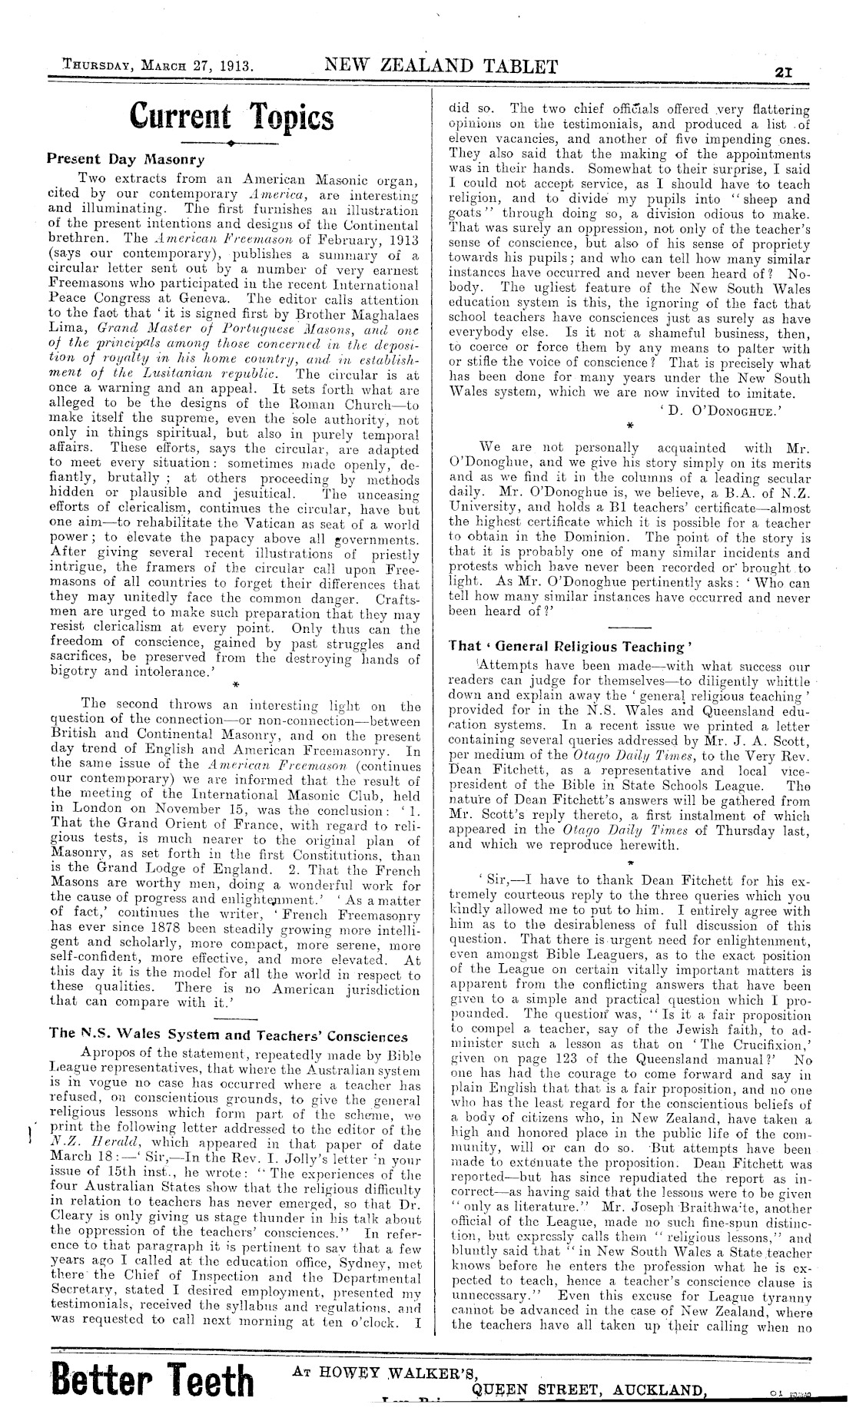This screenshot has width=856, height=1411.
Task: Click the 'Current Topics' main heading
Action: pos(232,118)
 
